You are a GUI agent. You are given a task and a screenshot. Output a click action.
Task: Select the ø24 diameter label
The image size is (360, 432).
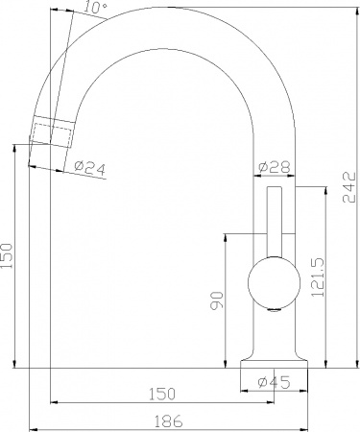pos(89,168)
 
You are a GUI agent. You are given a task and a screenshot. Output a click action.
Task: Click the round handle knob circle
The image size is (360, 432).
pos(270,283)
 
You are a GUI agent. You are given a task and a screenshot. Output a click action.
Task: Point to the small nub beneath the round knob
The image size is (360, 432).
pos(272,310)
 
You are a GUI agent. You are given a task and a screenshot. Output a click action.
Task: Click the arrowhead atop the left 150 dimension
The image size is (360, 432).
pos(16,147)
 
